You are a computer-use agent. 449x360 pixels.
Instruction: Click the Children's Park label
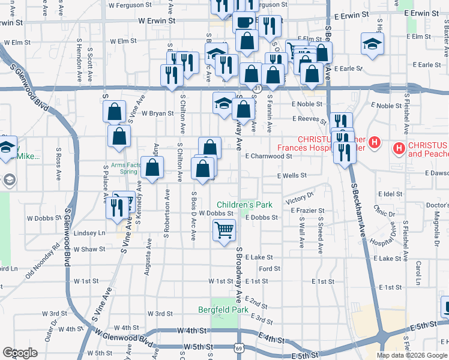(x=244, y=205)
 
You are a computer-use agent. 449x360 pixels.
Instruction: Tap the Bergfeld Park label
(x=223, y=310)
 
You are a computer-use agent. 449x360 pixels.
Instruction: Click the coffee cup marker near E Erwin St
(x=244, y=23)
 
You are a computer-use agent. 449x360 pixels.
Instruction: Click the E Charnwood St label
(x=268, y=156)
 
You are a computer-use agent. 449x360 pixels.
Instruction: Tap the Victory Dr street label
(x=300, y=198)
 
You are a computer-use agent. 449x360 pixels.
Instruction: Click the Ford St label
(x=270, y=269)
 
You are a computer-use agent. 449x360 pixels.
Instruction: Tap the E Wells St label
(x=292, y=176)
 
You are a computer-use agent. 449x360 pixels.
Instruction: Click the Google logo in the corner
(x=20, y=353)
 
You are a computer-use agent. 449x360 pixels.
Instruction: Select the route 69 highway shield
(x=238, y=348)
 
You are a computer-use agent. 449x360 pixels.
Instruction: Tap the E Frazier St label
(x=307, y=211)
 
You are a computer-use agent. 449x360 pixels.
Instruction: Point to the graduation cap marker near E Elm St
(x=372, y=43)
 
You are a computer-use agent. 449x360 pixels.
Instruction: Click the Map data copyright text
(x=411, y=355)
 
